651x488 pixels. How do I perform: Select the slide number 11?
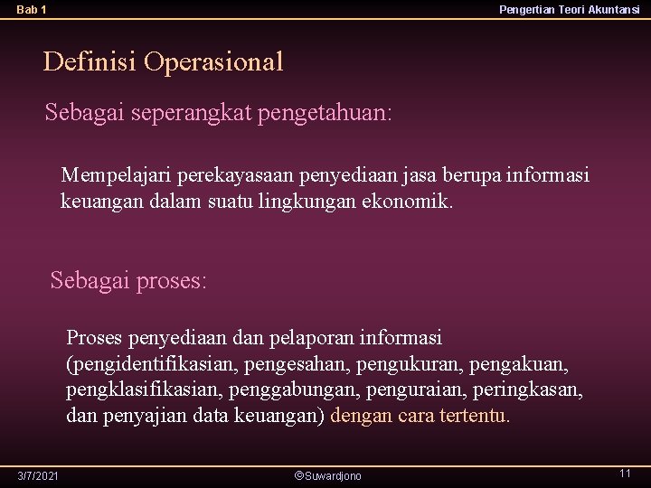(625, 473)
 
